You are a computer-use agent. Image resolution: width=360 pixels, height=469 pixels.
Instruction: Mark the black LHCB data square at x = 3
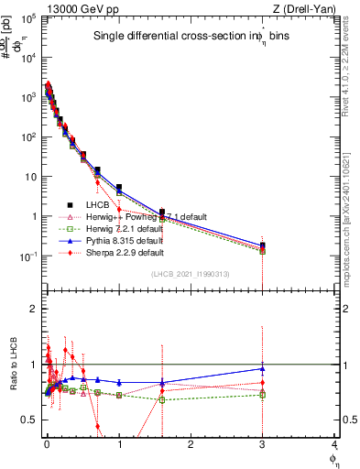click(x=263, y=245)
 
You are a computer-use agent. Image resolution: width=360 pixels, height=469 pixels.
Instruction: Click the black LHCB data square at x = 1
click(x=119, y=188)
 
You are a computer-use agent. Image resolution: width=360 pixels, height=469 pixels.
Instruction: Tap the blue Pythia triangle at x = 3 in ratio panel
click(x=263, y=369)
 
